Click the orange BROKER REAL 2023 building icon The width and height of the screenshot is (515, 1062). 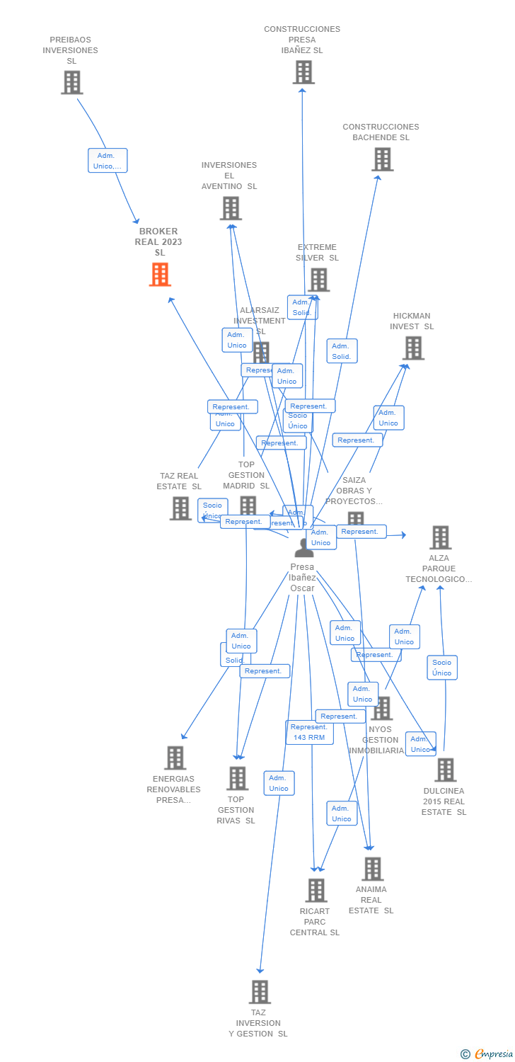[x=160, y=275]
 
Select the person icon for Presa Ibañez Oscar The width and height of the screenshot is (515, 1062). [x=303, y=548]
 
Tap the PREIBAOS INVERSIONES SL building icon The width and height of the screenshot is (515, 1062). [x=71, y=83]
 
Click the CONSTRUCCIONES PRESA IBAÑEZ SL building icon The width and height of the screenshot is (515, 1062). [x=303, y=72]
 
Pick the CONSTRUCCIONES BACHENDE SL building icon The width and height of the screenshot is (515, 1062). [x=382, y=159]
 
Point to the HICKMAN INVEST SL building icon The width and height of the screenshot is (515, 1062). [x=413, y=348]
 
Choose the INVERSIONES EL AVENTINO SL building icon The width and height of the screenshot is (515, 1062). [x=231, y=208]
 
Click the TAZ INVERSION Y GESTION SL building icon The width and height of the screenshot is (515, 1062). [x=260, y=992]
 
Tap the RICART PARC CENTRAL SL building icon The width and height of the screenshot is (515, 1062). [x=316, y=890]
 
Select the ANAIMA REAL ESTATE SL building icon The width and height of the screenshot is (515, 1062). [x=372, y=869]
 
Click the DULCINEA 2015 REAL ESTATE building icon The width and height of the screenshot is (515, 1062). [x=445, y=770]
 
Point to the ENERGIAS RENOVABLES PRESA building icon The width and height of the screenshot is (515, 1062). [x=175, y=758]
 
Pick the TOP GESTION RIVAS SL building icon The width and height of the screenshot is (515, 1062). [x=237, y=778]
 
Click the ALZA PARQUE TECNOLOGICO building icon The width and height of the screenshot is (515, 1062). [x=440, y=537]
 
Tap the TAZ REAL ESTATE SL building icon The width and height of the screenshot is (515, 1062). [x=180, y=508]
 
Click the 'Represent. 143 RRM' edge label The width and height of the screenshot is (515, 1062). [x=309, y=732]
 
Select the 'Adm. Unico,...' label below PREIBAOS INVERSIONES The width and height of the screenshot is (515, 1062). [x=107, y=161]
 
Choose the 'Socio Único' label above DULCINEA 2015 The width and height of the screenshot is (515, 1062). [x=441, y=668]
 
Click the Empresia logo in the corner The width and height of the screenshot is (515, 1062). [x=487, y=1054]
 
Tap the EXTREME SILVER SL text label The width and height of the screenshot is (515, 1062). [x=317, y=253]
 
